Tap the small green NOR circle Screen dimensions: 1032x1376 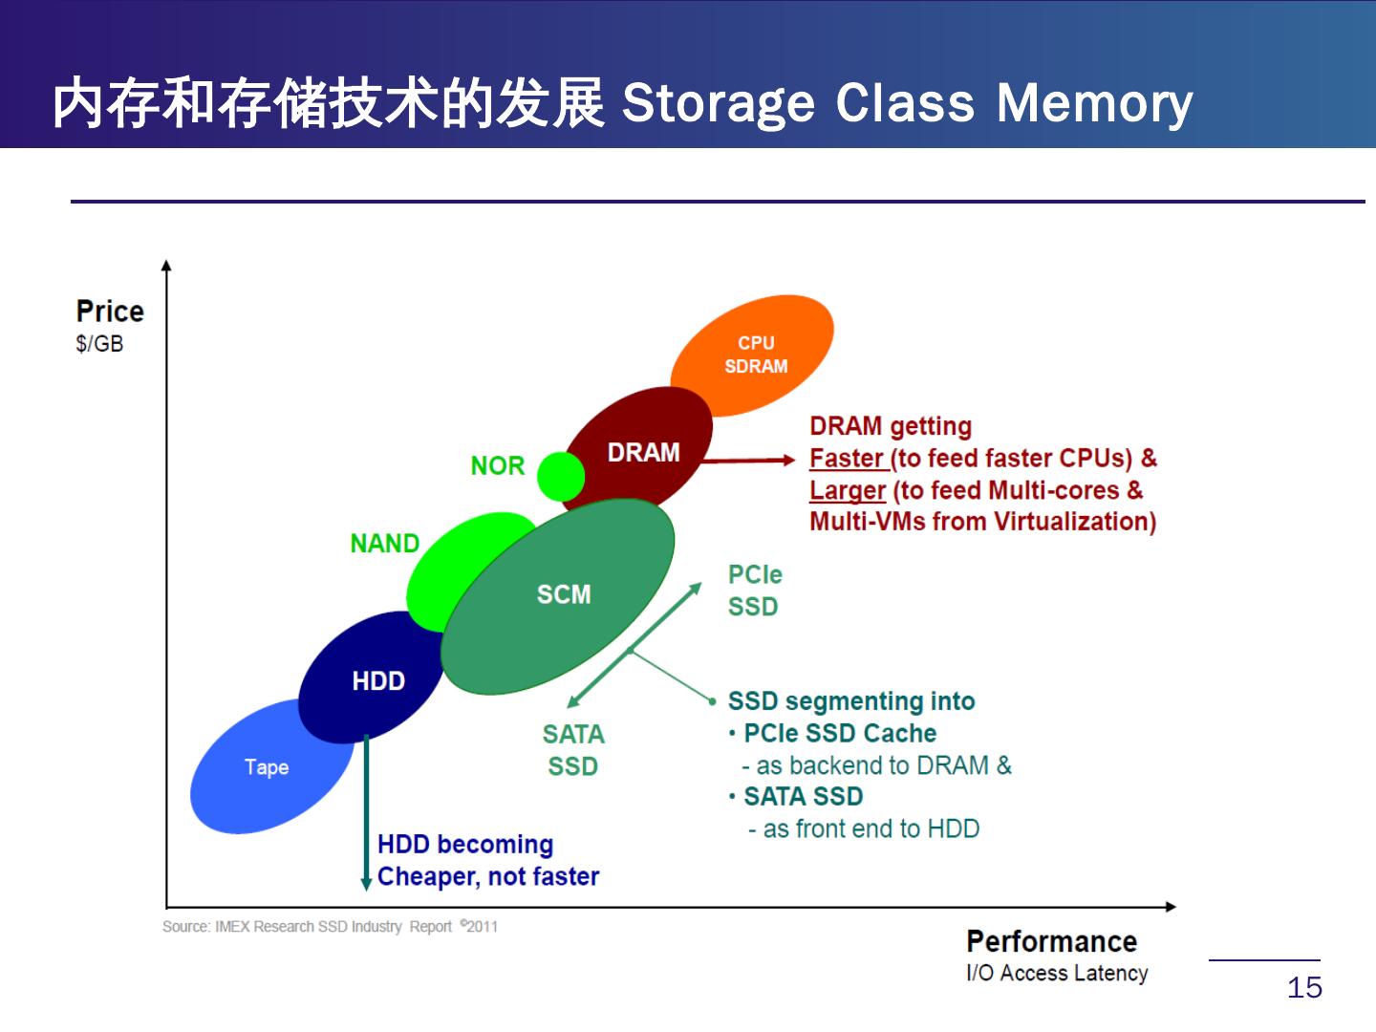point(560,476)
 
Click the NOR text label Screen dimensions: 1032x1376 point(497,465)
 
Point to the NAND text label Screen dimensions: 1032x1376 point(384,543)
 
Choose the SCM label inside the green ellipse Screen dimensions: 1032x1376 point(564,594)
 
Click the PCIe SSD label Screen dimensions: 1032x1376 point(754,590)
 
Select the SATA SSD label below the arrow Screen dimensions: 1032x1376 point(573,750)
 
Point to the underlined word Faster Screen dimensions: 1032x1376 point(847,458)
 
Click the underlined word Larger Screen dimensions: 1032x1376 point(847,490)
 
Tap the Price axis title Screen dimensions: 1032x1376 point(110,312)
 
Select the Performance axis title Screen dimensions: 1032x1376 point(1051,941)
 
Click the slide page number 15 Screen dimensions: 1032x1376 point(1304,987)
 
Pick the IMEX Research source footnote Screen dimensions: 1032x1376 point(330,926)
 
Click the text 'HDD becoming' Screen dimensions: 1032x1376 point(465,844)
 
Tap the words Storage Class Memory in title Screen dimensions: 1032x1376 point(907,103)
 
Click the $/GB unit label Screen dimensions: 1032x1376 point(99,344)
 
